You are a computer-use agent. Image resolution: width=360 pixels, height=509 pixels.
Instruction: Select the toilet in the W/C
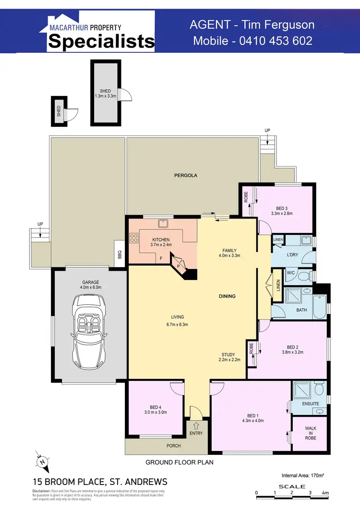302,276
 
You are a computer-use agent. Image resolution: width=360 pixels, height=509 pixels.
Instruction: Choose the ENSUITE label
311,404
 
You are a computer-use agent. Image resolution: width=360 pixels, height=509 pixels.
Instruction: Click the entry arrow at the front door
196,425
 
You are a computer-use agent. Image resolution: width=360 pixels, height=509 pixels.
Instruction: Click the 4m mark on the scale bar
325,493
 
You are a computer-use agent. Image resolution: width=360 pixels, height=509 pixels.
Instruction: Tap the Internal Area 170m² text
303,475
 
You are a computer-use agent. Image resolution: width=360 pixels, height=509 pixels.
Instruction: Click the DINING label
227,296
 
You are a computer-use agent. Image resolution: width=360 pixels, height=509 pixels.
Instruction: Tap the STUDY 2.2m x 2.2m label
229,357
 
